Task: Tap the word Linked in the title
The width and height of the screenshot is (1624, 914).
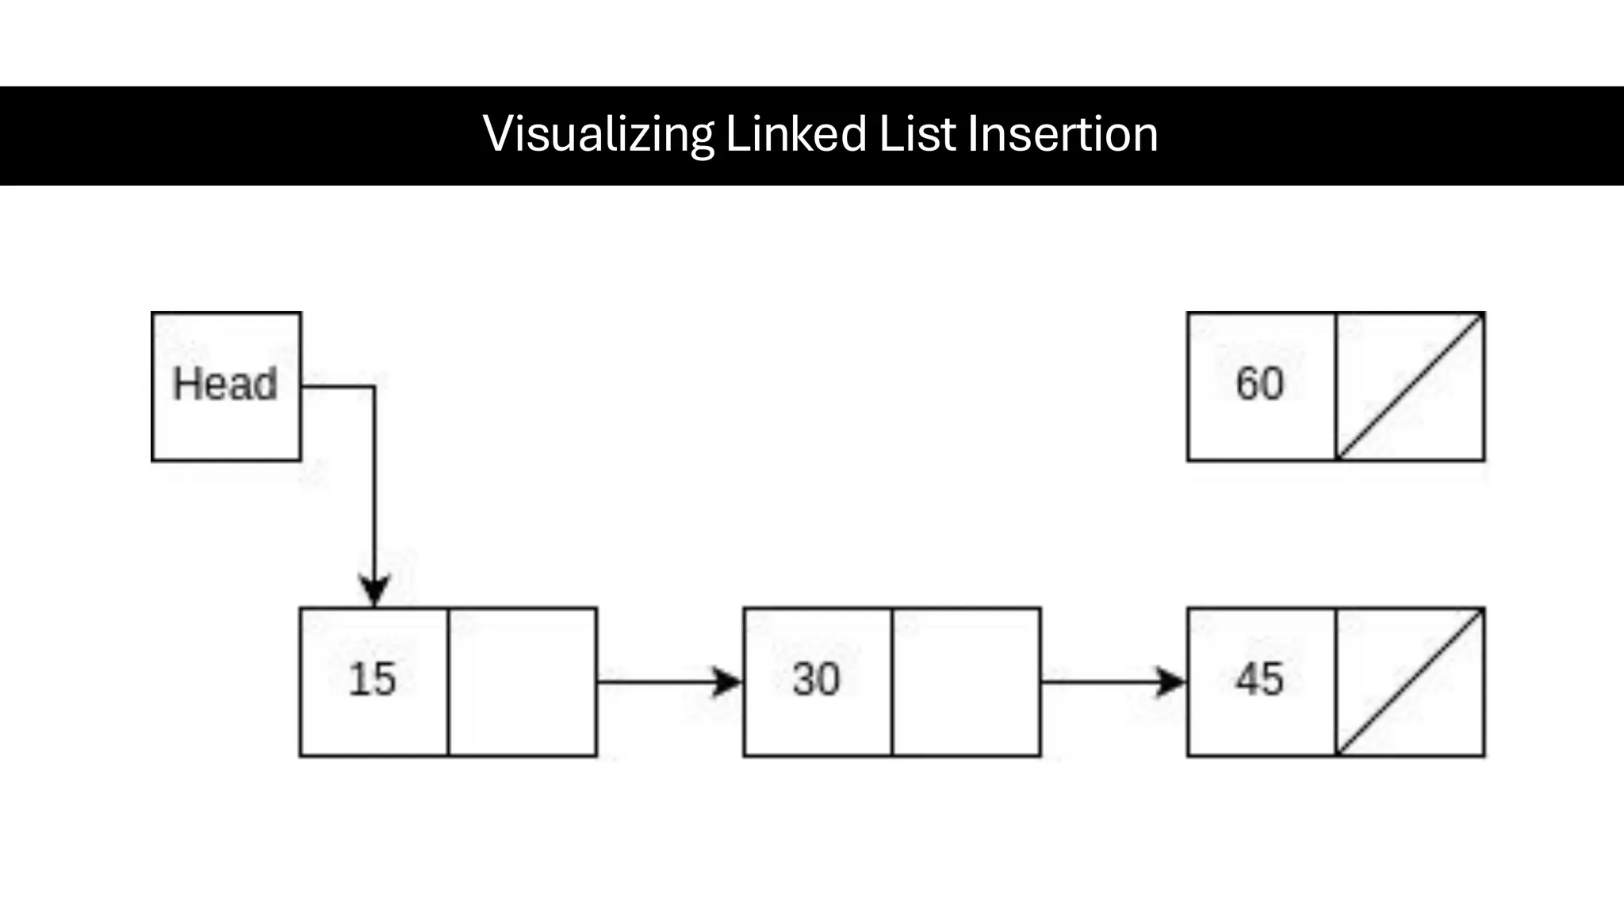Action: pyautogui.click(x=795, y=134)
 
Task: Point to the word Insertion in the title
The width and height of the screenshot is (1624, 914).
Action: pyautogui.click(x=1063, y=134)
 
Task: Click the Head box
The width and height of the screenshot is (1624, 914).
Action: pyautogui.click(x=226, y=386)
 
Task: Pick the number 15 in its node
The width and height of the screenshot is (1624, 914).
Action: pyautogui.click(x=372, y=680)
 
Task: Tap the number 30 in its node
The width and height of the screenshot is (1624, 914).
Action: pyautogui.click(x=816, y=680)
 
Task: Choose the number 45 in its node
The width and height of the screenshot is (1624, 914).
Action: pyautogui.click(x=1259, y=680)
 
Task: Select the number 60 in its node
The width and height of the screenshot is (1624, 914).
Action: pyautogui.click(x=1259, y=384)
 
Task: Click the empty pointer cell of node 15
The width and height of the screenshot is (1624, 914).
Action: pyautogui.click(x=523, y=682)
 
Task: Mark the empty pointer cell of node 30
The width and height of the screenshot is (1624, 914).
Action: pyautogui.click(x=966, y=682)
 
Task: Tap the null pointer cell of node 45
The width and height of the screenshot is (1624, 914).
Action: pyautogui.click(x=1410, y=682)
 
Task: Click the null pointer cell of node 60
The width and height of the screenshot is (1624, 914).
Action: pyautogui.click(x=1410, y=386)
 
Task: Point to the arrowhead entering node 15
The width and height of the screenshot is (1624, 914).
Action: pyautogui.click(x=374, y=591)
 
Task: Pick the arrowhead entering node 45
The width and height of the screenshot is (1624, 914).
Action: pyautogui.click(x=1170, y=682)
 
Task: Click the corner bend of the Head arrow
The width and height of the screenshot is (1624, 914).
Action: pyautogui.click(x=374, y=387)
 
